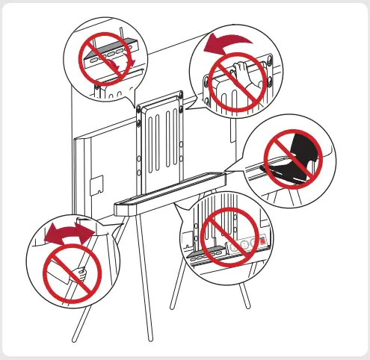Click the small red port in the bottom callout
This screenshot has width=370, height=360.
[260, 242]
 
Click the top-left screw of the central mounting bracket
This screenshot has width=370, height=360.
[140, 109]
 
